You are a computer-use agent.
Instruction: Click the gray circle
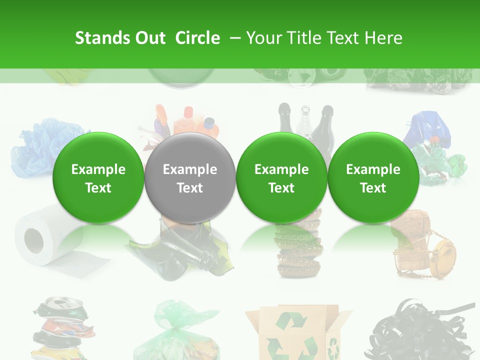click(190, 177)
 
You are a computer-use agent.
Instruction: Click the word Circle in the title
click(197, 38)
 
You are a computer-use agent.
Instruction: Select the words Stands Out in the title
click(120, 38)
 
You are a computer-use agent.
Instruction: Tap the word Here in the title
click(384, 38)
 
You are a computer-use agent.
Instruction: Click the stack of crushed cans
click(62, 327)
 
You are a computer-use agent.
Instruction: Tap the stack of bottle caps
click(299, 250)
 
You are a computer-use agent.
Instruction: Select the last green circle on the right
click(373, 177)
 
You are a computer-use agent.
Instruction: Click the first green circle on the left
click(98, 177)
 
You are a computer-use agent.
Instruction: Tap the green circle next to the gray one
click(281, 177)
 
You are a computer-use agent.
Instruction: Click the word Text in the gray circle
click(190, 188)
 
